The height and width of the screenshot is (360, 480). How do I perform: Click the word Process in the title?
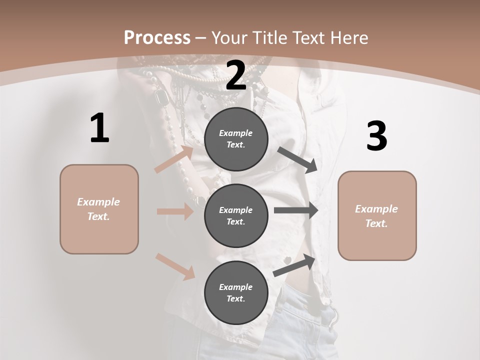point(157,38)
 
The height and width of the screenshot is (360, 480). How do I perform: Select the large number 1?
point(99,128)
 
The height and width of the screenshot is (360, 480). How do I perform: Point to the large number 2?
point(236,75)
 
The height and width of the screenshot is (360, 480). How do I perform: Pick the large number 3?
point(376,136)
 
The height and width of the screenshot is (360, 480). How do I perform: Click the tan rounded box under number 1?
point(99,209)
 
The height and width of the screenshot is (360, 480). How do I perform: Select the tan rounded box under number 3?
point(377,216)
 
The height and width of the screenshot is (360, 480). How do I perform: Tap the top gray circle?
point(236,139)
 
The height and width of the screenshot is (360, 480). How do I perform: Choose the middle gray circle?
point(236,216)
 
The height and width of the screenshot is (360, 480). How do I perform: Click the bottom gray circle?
point(236,293)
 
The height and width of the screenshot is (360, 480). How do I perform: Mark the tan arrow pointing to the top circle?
point(174,159)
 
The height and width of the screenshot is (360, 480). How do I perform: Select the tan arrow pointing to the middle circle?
point(175,211)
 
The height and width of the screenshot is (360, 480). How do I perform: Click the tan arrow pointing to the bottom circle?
point(175,266)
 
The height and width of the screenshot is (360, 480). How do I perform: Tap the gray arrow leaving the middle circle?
point(296,210)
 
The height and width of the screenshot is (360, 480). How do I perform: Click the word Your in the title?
point(229,38)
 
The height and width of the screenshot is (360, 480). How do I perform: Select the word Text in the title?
point(307,38)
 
